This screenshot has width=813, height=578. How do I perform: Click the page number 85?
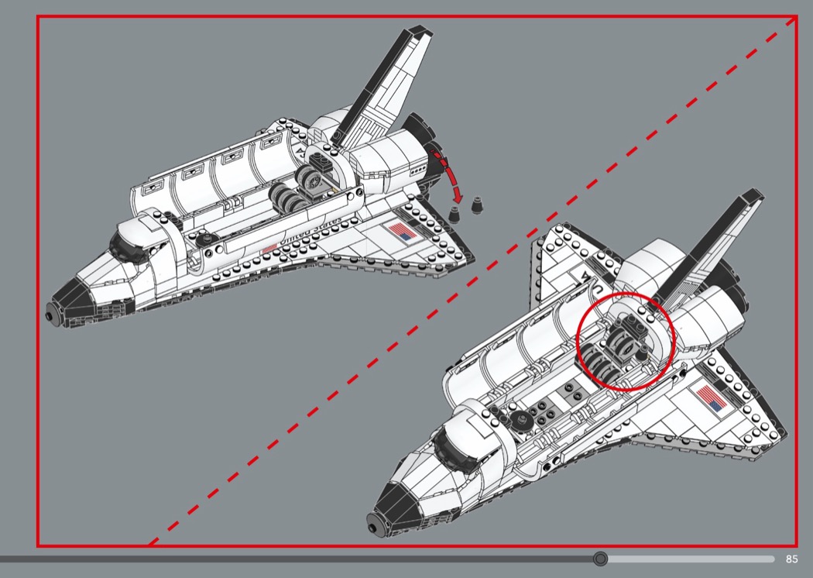click(791, 559)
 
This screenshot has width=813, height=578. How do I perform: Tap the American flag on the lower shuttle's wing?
click(711, 398)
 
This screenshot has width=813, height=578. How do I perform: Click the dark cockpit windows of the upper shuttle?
click(125, 247)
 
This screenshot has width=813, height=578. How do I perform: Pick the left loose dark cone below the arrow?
click(456, 210)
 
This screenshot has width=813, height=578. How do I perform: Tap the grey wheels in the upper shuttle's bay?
click(298, 198)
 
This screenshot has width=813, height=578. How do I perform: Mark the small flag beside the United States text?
click(268, 247)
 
